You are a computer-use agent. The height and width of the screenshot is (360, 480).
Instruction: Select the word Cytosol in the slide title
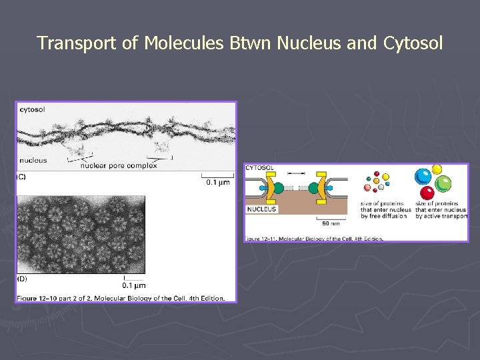pyautogui.click(x=413, y=44)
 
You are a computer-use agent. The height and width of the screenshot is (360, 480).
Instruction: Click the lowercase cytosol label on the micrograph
pyautogui.click(x=32, y=109)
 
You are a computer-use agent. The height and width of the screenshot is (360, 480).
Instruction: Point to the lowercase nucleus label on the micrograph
pyautogui.click(x=33, y=160)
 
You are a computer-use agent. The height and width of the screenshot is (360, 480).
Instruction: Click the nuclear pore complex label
pyautogui.click(x=119, y=166)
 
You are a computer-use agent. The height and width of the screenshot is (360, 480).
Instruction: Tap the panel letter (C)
pyautogui.click(x=21, y=177)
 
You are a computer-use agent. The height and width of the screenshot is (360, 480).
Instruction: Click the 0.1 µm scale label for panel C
pyautogui.click(x=217, y=183)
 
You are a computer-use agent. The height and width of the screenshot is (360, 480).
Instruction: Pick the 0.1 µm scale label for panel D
pyautogui.click(x=134, y=285)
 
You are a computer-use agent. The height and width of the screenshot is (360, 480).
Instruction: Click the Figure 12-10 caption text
pyautogui.click(x=121, y=298)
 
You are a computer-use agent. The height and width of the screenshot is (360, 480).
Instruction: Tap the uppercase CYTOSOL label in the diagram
pyautogui.click(x=260, y=168)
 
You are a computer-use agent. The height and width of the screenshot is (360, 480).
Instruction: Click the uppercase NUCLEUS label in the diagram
pyautogui.click(x=262, y=209)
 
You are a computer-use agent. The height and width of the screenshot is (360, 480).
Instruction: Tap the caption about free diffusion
pyautogui.click(x=383, y=210)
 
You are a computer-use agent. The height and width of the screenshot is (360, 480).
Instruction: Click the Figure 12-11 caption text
pyautogui.click(x=313, y=239)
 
